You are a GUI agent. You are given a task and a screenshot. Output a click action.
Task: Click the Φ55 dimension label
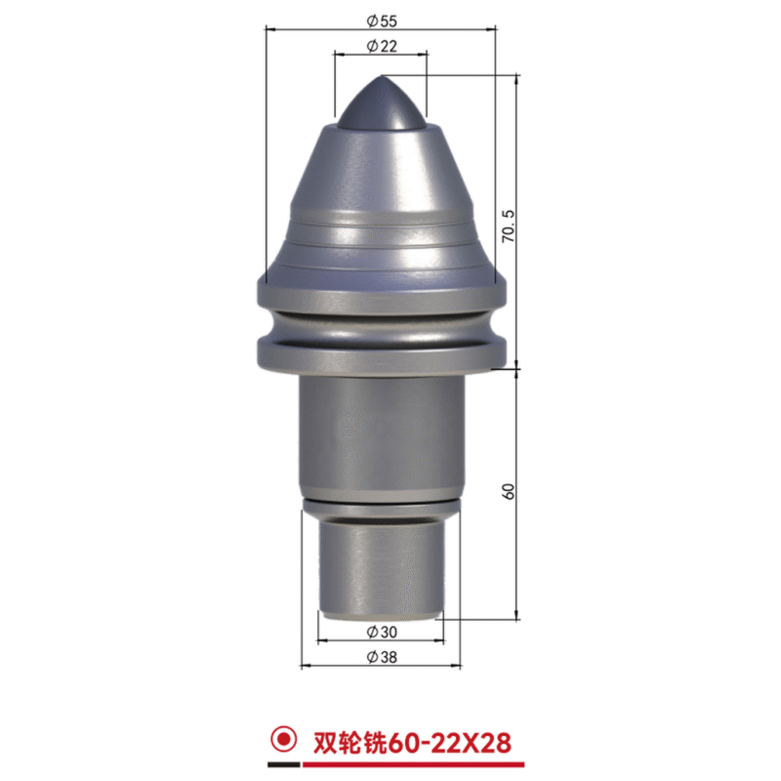[x=382, y=21]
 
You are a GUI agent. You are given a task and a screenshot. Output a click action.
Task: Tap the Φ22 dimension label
[x=382, y=46]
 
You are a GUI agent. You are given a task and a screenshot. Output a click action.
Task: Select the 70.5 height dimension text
[x=508, y=226]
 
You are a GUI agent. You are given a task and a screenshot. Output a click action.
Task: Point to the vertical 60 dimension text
[x=508, y=492]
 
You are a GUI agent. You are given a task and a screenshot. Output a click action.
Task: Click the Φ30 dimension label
[x=382, y=632]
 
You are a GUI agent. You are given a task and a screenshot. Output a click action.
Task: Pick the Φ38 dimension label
[x=382, y=657]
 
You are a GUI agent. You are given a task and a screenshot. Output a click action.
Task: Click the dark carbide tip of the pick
[x=382, y=103]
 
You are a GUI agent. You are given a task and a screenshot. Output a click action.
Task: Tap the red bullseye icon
[x=283, y=739]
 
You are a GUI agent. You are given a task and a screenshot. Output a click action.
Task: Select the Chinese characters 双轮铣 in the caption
[x=349, y=743]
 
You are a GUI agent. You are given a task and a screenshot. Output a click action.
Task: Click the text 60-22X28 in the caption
[x=449, y=743]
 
